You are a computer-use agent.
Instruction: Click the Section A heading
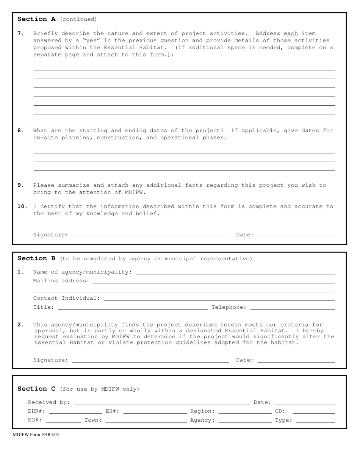pyautogui.click(x=36, y=19)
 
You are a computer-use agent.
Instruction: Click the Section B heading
pyautogui.click(x=36, y=258)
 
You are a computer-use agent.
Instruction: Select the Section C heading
pyautogui.click(x=36, y=389)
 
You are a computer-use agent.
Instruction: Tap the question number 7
pyautogui.click(x=21, y=33)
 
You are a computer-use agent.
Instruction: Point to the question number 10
pyautogui.click(x=22, y=206)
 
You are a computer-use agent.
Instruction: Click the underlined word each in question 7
pyautogui.click(x=291, y=33)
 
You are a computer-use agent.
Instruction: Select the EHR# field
pyautogui.click(x=75, y=411)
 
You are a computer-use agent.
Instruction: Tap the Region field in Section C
pyautogui.click(x=245, y=411)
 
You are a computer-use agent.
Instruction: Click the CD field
pyautogui.click(x=314, y=411)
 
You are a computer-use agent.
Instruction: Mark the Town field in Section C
pyautogui.click(x=146, y=420)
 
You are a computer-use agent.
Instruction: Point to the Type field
pyautogui.click(x=316, y=420)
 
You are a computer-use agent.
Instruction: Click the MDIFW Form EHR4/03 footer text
pyautogui.click(x=36, y=435)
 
